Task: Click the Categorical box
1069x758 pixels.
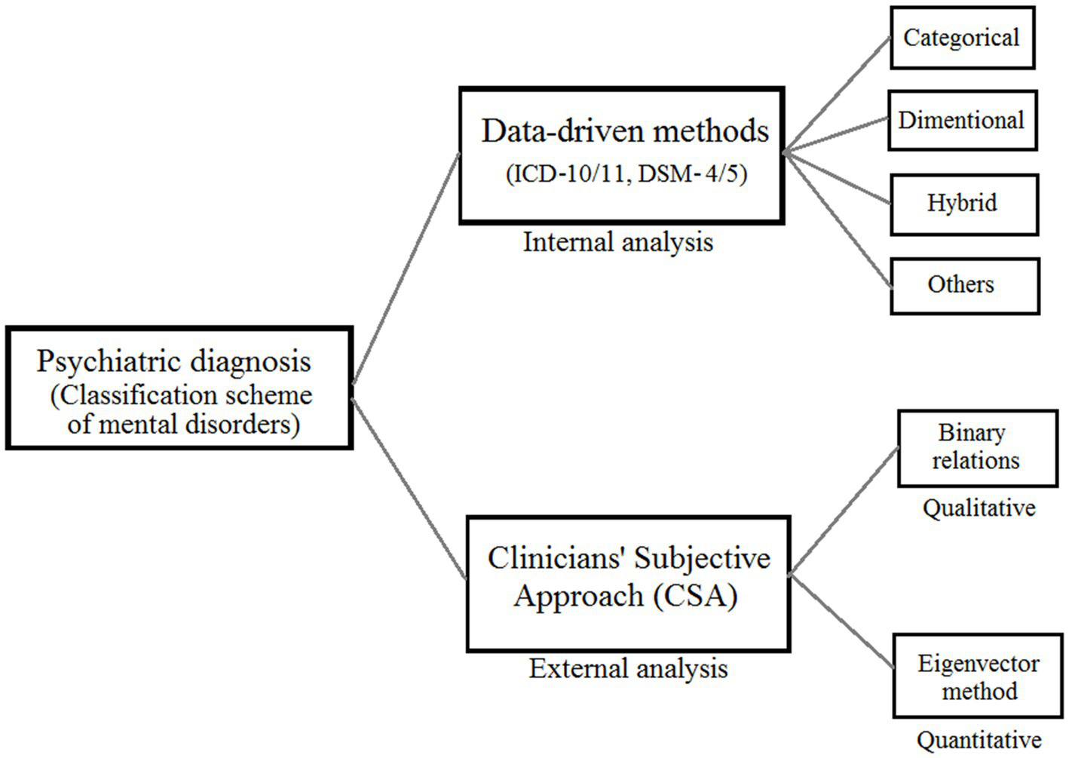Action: (x=962, y=38)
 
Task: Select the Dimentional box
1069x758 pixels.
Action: (x=962, y=121)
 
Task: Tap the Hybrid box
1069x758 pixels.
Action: (x=963, y=204)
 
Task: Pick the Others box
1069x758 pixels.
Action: (x=963, y=285)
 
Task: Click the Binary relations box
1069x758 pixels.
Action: (x=977, y=447)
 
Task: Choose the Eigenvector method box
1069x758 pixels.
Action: (x=978, y=677)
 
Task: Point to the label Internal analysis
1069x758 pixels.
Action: (x=617, y=242)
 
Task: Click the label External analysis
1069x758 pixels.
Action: (x=628, y=668)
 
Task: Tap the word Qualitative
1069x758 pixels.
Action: (x=979, y=508)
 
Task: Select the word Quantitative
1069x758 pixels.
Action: (x=979, y=740)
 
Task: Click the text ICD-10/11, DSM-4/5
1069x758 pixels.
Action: (x=626, y=173)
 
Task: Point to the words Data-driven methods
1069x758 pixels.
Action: (x=625, y=131)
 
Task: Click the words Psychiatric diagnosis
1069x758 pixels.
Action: (x=174, y=361)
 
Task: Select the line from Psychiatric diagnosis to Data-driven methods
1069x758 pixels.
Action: (x=406, y=269)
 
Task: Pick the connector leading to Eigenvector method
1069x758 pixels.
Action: (x=843, y=623)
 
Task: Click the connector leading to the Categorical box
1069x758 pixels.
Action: (x=837, y=95)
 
